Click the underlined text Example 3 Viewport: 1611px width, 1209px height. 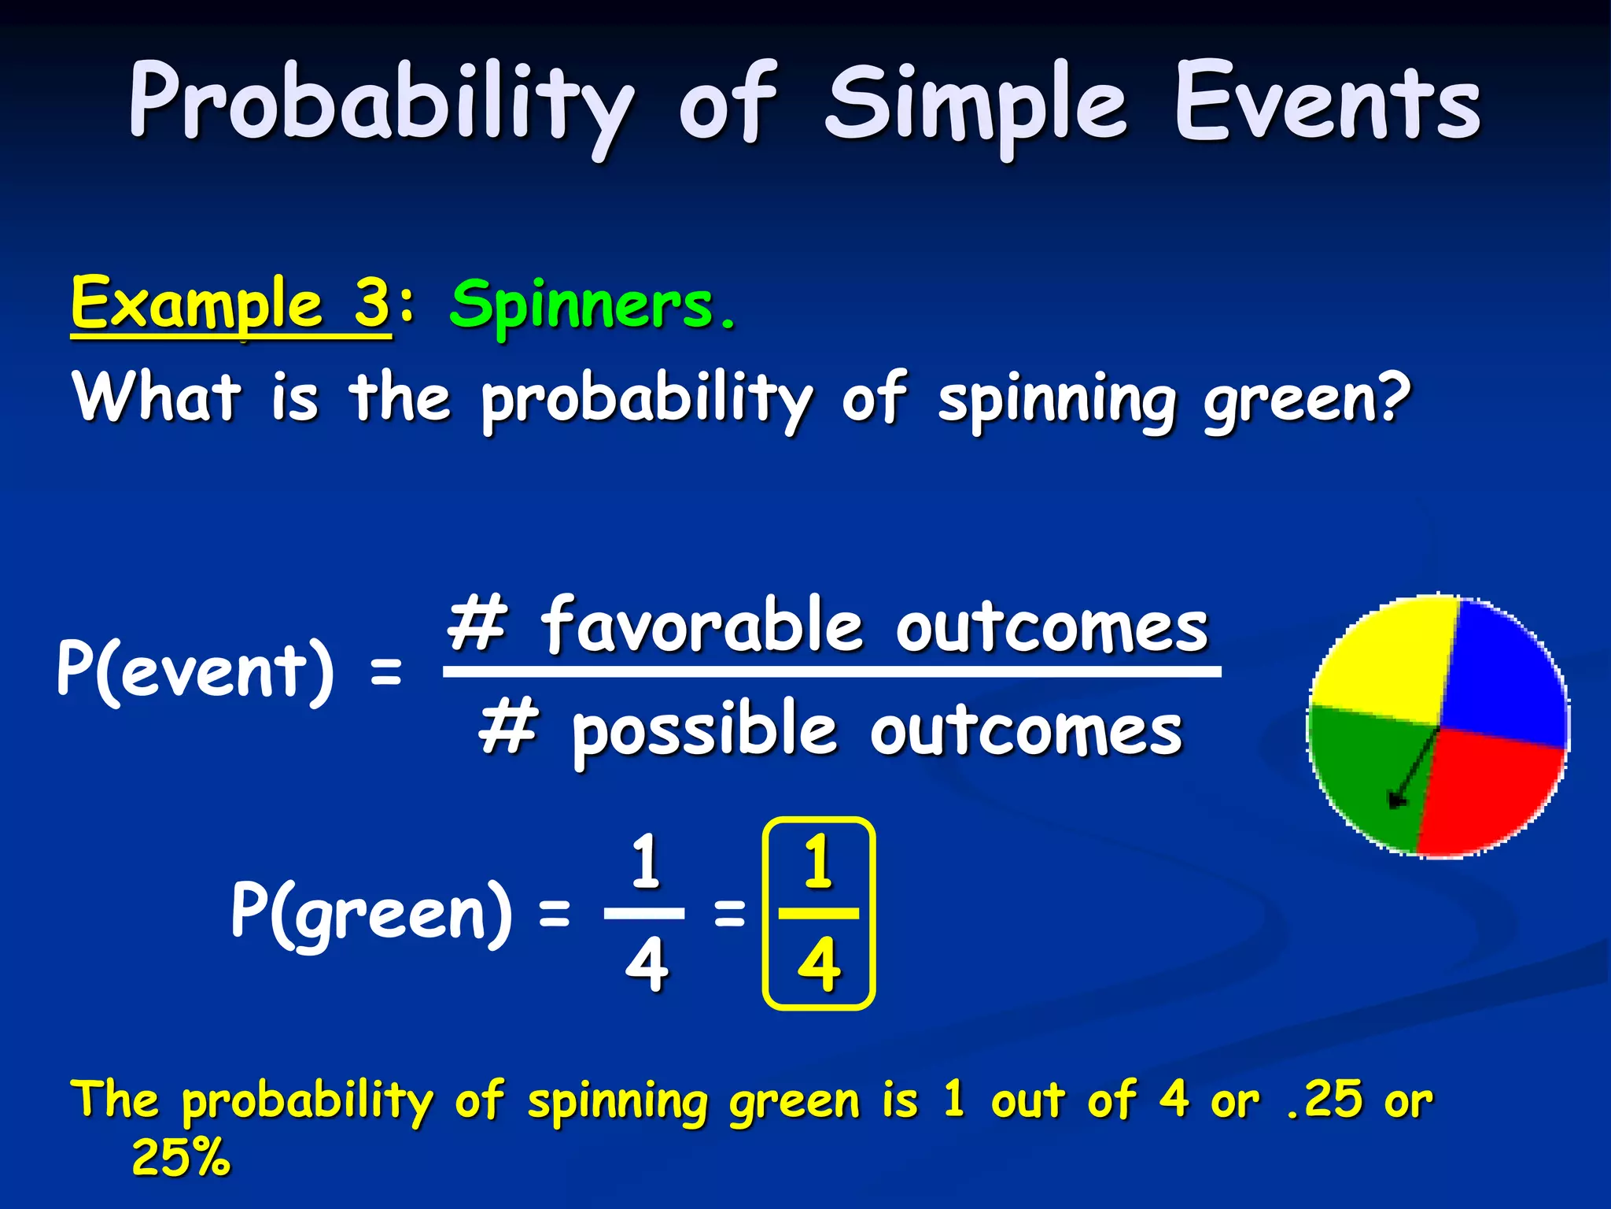click(230, 305)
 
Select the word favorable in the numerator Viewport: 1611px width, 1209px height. click(700, 626)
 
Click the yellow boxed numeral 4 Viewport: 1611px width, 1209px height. click(819, 964)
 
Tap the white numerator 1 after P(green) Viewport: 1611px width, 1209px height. click(645, 862)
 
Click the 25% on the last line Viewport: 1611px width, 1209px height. click(181, 1157)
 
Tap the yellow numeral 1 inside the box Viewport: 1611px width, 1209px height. click(819, 862)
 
